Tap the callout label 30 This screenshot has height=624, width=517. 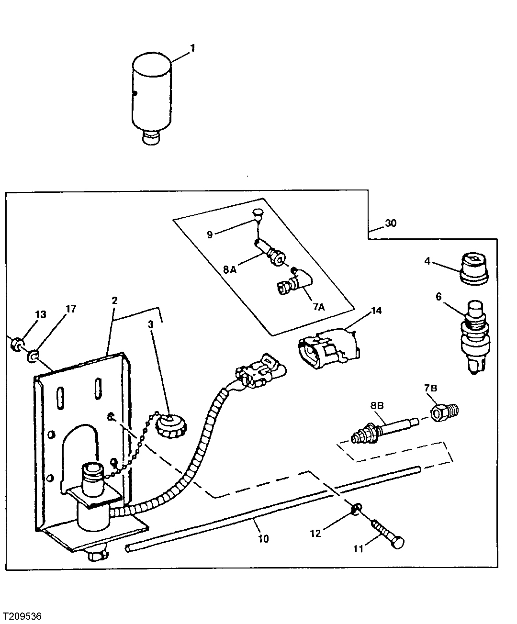click(x=391, y=223)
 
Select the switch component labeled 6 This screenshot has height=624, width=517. click(x=473, y=335)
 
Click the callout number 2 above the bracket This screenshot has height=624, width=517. click(x=114, y=301)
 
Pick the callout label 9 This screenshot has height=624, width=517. click(x=210, y=234)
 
